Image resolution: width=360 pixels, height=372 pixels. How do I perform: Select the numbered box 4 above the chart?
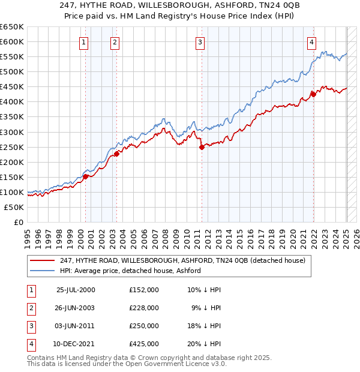[x=313, y=42]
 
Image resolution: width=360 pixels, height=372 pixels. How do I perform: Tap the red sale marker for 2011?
[x=202, y=147]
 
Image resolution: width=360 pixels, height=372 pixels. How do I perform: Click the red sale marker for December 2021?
[x=313, y=94]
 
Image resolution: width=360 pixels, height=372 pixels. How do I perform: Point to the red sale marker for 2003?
[x=117, y=153]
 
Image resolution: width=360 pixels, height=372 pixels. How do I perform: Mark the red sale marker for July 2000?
[x=86, y=176]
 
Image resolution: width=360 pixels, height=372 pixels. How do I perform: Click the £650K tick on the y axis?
[x=12, y=27]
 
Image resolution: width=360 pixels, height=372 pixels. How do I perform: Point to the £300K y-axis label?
[x=12, y=132]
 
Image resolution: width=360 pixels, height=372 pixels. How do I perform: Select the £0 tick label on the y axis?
[x=18, y=222]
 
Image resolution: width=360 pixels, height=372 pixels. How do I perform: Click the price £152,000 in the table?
[x=144, y=290]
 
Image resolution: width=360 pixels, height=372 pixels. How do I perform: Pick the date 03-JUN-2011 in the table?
[x=76, y=326]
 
